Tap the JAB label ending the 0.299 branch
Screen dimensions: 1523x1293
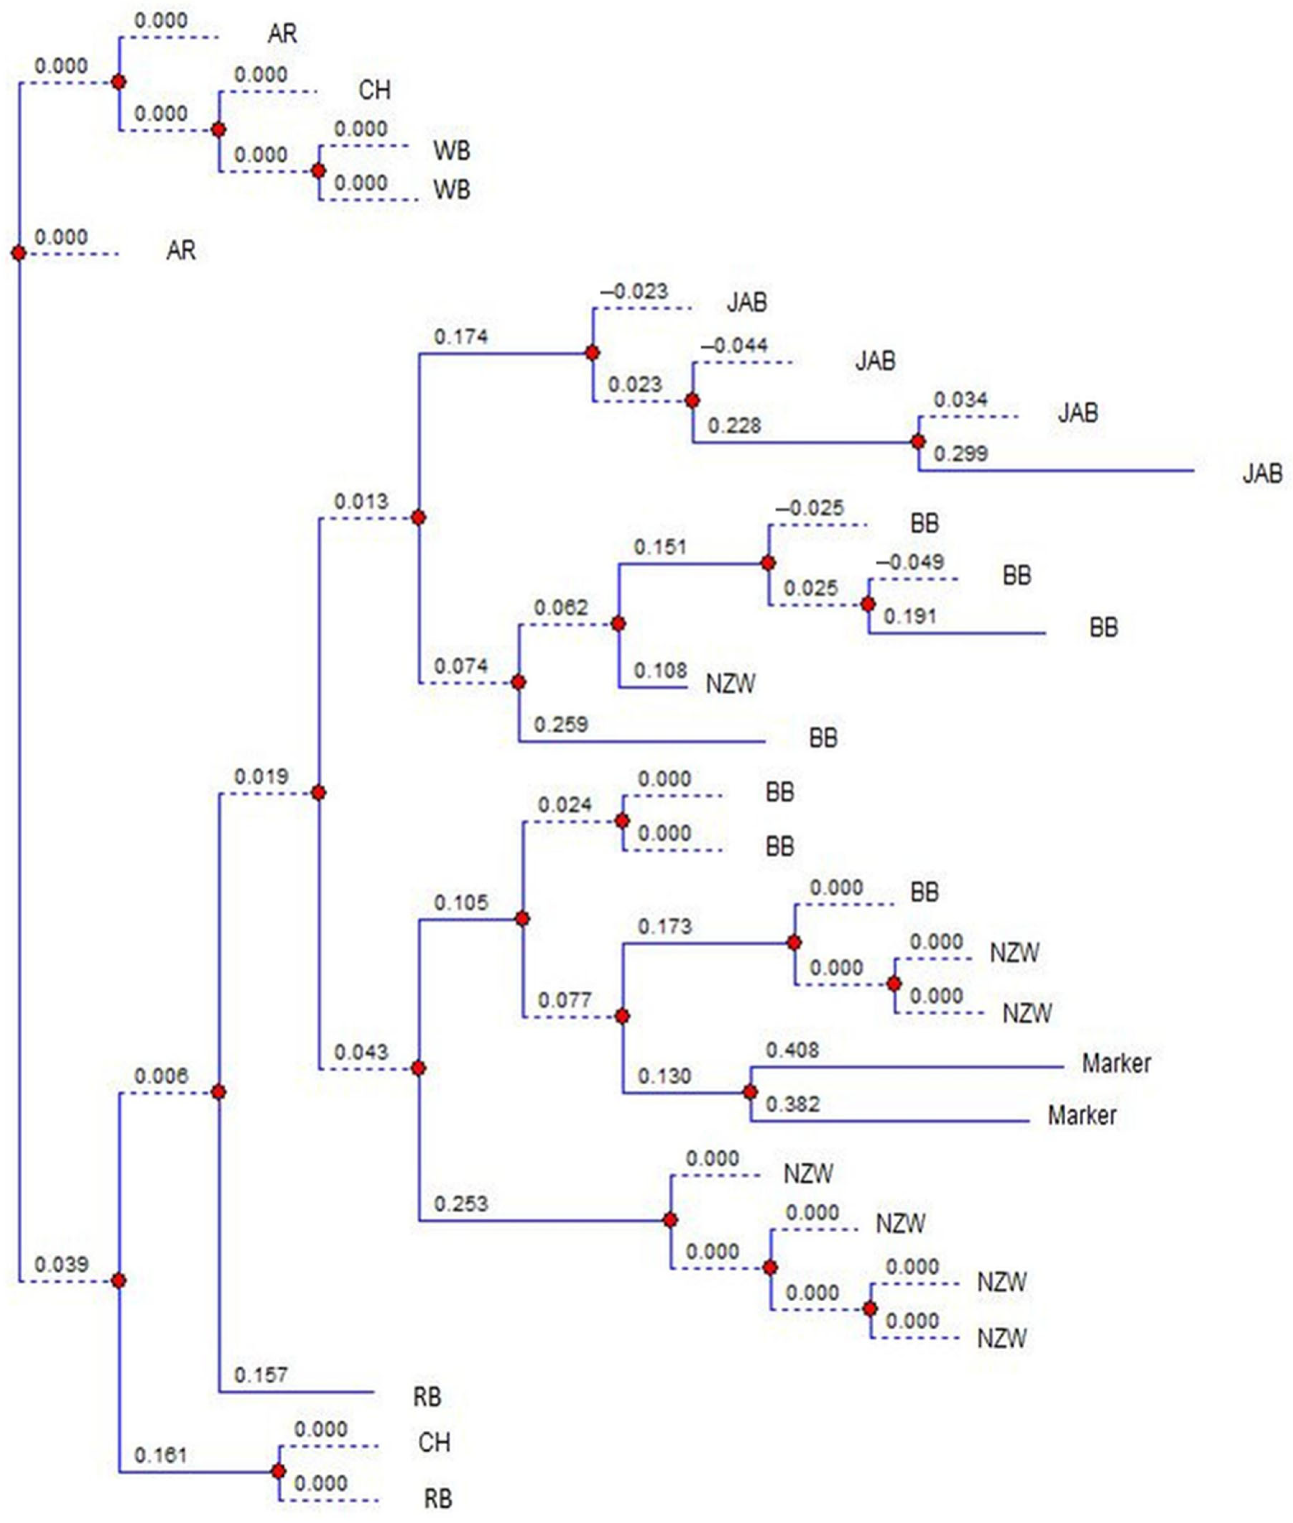pyautogui.click(x=1261, y=474)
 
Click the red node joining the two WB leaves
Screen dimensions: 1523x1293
pyautogui.click(x=318, y=171)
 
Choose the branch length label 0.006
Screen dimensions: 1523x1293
pyautogui.click(x=161, y=1076)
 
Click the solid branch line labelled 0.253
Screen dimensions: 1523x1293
pyautogui.click(x=543, y=1221)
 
